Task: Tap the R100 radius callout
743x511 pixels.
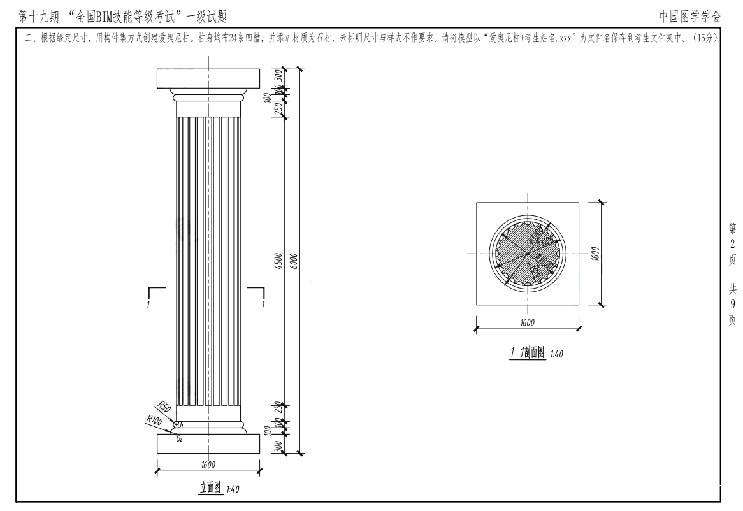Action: click(154, 421)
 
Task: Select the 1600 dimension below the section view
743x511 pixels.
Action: click(528, 322)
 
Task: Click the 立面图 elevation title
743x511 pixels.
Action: click(208, 487)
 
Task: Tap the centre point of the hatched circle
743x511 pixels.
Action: click(528, 254)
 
